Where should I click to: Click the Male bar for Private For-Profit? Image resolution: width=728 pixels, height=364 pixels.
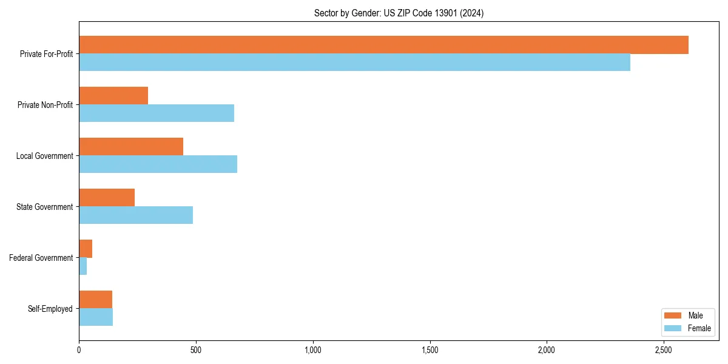(383, 45)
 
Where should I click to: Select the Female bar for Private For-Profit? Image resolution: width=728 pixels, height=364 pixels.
(354, 62)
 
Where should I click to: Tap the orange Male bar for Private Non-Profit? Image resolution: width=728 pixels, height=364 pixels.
(113, 96)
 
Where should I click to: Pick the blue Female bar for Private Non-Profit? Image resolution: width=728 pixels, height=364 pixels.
(157, 113)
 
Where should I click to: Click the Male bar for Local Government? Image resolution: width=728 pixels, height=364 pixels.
(131, 147)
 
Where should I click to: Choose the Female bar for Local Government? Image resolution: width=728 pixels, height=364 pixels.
(158, 164)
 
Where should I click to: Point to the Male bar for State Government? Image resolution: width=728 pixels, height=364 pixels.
(107, 198)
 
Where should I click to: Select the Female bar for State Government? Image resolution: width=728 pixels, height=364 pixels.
(136, 215)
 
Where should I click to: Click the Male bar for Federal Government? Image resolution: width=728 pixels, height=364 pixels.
(86, 249)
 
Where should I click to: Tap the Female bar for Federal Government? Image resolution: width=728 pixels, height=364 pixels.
(83, 266)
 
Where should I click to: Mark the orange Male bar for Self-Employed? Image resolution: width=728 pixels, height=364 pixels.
(95, 300)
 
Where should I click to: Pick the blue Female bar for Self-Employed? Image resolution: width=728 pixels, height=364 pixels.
(96, 317)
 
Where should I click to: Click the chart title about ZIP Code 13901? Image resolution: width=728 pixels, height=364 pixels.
(399, 13)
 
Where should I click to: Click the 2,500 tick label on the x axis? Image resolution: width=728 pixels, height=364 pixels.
(663, 350)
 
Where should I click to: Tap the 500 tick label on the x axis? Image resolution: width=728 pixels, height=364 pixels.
(195, 350)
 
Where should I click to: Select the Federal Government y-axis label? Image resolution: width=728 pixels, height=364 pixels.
(41, 258)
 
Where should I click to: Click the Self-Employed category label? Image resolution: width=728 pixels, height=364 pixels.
(50, 309)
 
